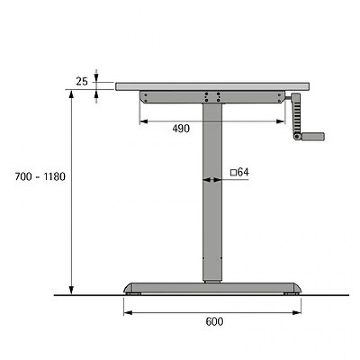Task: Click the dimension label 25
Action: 82,81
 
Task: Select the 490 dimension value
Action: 181,128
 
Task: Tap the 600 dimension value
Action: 214,321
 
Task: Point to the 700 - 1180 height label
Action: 40,177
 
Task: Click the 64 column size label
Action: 243,172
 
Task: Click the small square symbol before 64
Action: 234,173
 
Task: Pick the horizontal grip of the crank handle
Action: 313,136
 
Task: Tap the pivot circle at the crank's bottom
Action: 297,137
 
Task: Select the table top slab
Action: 212,86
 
